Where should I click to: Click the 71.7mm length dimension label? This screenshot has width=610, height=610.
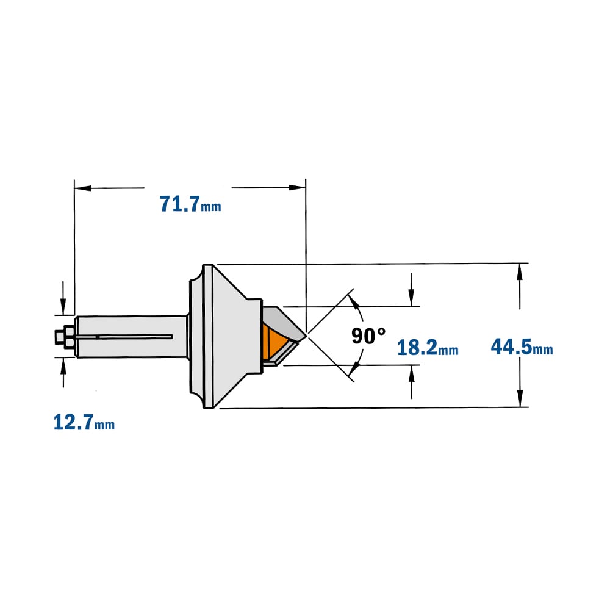(x=190, y=204)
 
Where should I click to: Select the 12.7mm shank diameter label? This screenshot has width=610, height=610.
(x=84, y=423)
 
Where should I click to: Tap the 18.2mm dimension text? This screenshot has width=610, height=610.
(x=428, y=348)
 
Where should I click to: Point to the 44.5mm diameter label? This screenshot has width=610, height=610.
(x=522, y=346)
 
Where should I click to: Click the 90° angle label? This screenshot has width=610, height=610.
(x=368, y=335)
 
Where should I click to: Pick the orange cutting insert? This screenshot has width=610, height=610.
(x=275, y=343)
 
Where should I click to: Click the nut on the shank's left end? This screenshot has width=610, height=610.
(x=69, y=336)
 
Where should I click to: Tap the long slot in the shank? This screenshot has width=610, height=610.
(x=124, y=337)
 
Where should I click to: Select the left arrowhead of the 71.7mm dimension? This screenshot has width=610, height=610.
(x=82, y=188)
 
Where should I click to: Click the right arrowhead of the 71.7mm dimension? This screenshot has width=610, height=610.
(x=297, y=187)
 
